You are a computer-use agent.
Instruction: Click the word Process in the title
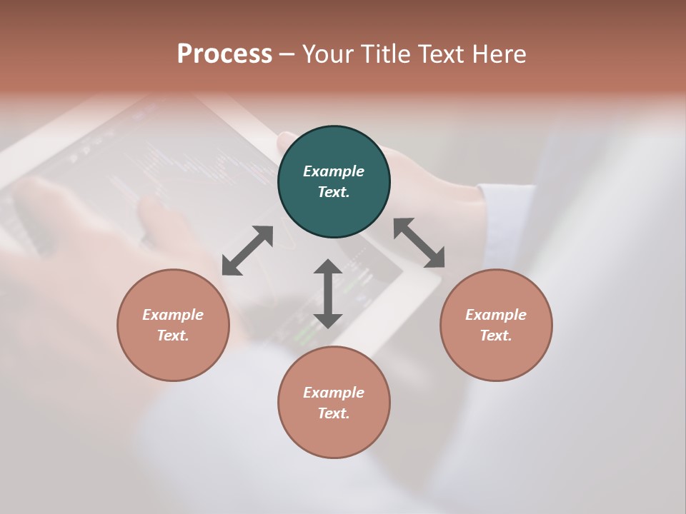(x=224, y=54)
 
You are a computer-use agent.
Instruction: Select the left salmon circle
(x=173, y=357)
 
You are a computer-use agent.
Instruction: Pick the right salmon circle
(x=496, y=357)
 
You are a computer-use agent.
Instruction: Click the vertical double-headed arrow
(x=328, y=293)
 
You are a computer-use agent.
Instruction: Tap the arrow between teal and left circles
(x=247, y=251)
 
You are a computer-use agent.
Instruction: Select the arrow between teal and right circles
(x=419, y=243)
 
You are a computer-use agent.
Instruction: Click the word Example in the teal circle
(x=334, y=171)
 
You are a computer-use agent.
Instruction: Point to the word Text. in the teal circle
(x=334, y=192)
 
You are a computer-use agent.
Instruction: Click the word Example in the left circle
(x=173, y=315)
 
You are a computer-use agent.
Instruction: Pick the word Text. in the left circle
(x=173, y=336)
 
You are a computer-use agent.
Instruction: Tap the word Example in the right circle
(x=496, y=315)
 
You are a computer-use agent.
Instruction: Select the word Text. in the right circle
(x=496, y=336)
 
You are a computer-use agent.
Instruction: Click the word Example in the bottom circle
(x=334, y=393)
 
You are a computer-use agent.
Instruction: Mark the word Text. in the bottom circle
(x=334, y=413)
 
